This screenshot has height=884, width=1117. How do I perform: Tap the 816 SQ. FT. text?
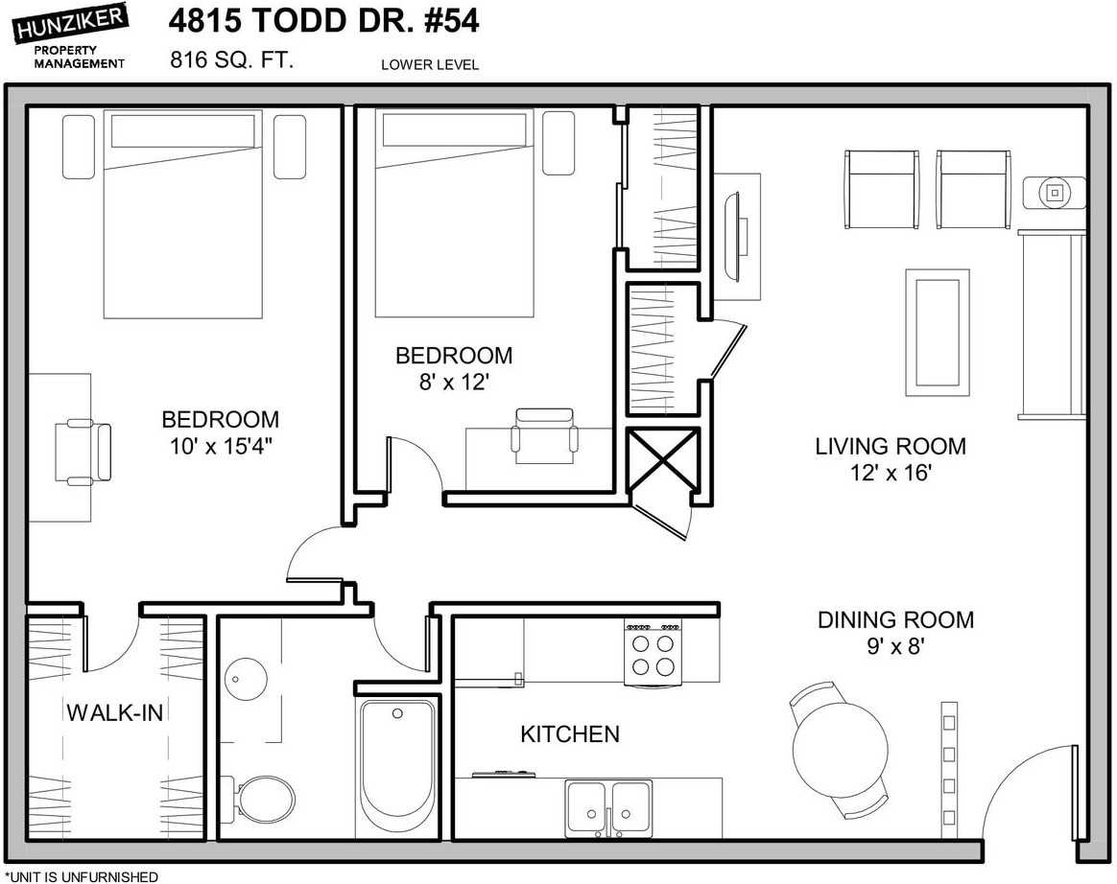231,60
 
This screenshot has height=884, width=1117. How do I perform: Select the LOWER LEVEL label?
429,65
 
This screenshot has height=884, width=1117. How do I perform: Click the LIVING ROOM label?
890,447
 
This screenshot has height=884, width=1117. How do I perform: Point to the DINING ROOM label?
894,620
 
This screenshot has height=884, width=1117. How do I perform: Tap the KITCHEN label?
569,734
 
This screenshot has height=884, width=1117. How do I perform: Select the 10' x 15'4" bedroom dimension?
220,447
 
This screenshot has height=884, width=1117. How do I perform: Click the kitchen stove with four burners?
654,653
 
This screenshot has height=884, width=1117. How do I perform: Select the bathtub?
398,766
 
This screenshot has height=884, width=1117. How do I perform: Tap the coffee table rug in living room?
935,332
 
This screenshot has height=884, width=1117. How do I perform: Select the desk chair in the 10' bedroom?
83,452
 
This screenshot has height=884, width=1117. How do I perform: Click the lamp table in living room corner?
1055,191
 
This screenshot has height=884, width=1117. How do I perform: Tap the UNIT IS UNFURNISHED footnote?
82,876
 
